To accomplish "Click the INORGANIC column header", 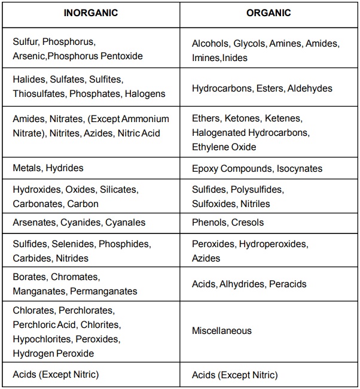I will pyautogui.click(x=90, y=13).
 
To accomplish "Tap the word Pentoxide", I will pyautogui.click(x=121, y=56).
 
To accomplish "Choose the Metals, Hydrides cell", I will pyautogui.click(x=48, y=168).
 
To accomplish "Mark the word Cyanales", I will pyautogui.click(x=125, y=222).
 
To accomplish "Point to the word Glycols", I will pyautogui.click(x=249, y=44).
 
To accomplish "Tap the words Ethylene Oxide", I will pyautogui.click(x=224, y=147).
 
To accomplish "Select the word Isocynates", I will pyautogui.click(x=296, y=168).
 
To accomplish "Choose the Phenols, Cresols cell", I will pyautogui.click(x=228, y=222).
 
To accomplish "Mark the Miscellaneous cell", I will pyautogui.click(x=222, y=330).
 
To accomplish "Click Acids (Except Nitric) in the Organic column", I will pyautogui.click(x=234, y=375).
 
